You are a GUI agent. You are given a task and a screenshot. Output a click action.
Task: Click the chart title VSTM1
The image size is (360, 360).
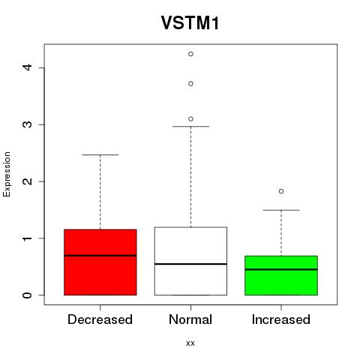tap(190, 22)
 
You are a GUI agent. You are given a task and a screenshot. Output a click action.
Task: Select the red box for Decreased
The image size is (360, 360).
tap(100, 262)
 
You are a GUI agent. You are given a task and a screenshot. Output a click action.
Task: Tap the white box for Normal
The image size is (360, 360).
tap(190, 261)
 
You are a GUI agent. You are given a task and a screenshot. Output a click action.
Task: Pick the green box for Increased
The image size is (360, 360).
tap(281, 275)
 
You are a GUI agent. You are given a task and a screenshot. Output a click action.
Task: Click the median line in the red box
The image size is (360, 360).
tap(100, 256)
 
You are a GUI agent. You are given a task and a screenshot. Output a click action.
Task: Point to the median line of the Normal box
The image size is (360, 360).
tap(190, 264)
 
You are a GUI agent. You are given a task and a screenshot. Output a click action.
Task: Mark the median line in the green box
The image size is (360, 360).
tap(281, 269)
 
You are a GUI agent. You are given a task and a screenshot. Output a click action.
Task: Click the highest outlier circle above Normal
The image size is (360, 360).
tap(190, 54)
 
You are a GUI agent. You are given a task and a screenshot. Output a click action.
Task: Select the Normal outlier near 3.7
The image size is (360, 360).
tap(190, 84)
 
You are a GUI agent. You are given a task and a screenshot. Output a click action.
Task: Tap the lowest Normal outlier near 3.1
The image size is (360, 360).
tap(190, 119)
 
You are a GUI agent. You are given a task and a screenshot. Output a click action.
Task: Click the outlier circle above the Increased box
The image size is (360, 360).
tap(281, 191)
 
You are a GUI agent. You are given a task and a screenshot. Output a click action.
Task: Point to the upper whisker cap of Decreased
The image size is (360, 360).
tap(100, 155)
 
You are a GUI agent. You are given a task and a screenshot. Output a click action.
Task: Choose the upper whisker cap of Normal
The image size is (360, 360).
tap(190, 127)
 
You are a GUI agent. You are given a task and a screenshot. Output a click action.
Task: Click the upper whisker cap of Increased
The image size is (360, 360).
tap(281, 210)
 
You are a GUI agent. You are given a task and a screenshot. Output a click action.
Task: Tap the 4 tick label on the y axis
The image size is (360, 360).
tap(27, 67)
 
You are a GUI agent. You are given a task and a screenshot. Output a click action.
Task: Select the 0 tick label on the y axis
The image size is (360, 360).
tap(27, 295)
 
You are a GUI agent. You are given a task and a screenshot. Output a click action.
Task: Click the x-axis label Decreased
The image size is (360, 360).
tap(100, 319)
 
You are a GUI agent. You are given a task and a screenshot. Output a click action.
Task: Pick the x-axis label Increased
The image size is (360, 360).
tap(281, 319)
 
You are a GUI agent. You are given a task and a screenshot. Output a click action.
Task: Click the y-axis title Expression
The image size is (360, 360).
tap(7, 174)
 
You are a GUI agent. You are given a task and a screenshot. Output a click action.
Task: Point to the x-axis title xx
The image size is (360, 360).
tap(190, 343)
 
